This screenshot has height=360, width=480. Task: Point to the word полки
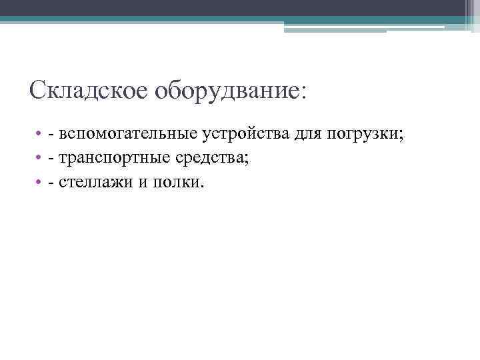pos(178,181)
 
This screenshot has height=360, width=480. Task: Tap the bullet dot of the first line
pos(40,135)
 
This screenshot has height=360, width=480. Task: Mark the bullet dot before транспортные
pos(40,159)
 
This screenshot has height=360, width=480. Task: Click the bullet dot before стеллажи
pos(40,182)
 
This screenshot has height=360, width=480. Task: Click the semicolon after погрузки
pos(401,136)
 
